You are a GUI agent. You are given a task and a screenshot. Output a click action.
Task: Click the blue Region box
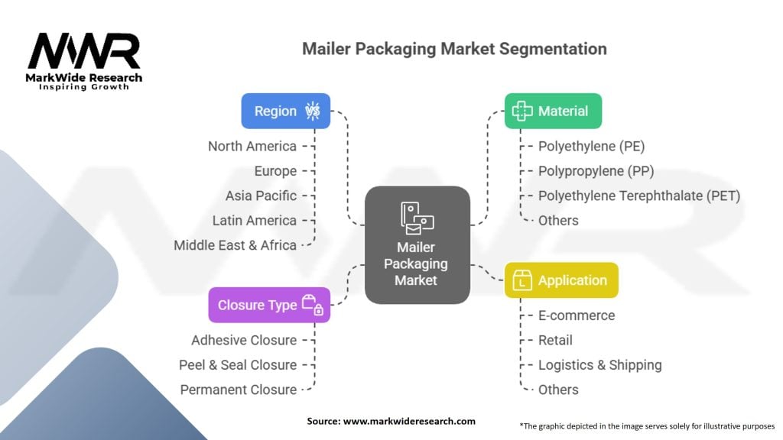(286, 111)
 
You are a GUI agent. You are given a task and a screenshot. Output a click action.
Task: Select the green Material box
(553, 111)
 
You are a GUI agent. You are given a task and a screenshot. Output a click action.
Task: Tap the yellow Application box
(561, 280)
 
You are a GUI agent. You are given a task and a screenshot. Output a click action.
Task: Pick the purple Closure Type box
(269, 305)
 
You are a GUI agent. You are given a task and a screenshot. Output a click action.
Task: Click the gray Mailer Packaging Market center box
(417, 245)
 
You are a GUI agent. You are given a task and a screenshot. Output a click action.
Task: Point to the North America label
(252, 146)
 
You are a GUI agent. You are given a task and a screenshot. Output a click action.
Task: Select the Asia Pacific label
(261, 196)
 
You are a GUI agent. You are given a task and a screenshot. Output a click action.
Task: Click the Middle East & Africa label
(236, 245)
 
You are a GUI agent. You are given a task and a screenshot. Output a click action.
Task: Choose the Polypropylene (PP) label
(596, 171)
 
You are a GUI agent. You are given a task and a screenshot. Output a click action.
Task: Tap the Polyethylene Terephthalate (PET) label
(639, 196)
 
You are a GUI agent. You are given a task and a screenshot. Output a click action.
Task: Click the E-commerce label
(577, 315)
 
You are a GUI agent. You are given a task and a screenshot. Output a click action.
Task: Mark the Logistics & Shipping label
(599, 365)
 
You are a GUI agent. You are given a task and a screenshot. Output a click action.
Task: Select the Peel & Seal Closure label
(238, 364)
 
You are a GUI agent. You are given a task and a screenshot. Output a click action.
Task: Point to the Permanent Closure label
(239, 390)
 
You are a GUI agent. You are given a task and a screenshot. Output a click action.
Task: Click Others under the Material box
(558, 221)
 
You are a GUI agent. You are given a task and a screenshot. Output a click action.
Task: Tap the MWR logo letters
(84, 51)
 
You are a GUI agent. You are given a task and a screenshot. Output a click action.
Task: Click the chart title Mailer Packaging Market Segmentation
(454, 49)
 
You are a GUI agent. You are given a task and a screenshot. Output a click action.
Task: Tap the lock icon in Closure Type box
(319, 310)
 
